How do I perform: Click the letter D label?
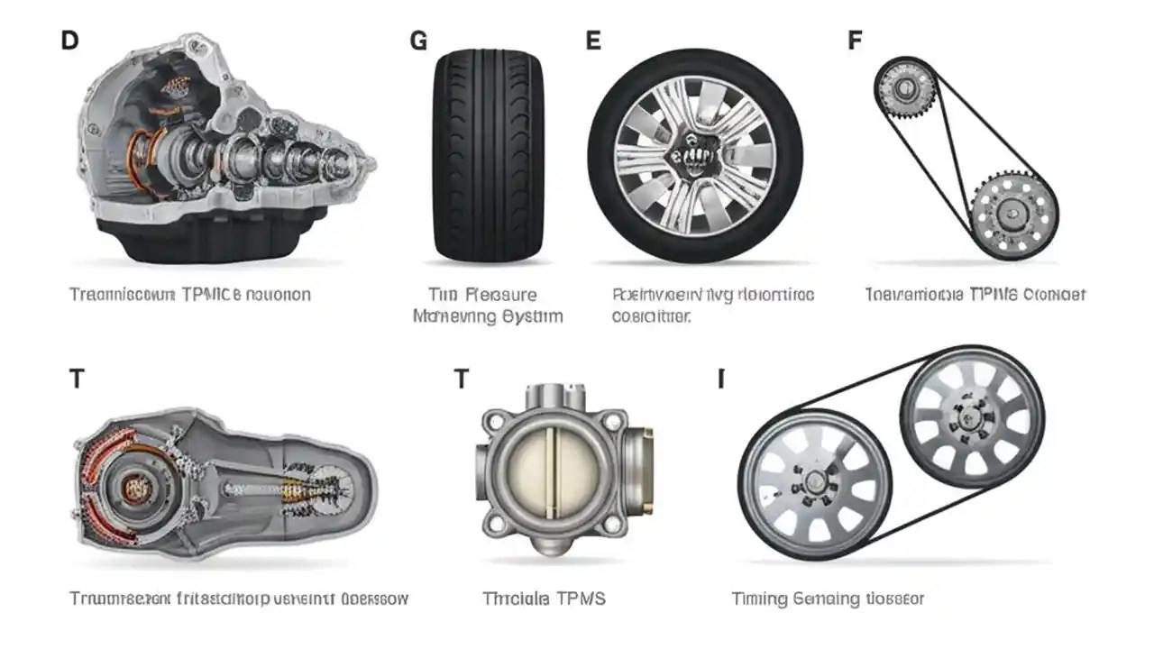pyautogui.click(x=69, y=41)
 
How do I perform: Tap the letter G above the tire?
pyautogui.click(x=418, y=41)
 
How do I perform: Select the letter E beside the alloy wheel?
pyautogui.click(x=593, y=41)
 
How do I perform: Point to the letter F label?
pyautogui.click(x=855, y=41)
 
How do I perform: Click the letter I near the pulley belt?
pyautogui.click(x=720, y=379)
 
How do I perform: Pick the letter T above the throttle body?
pyautogui.click(x=461, y=379)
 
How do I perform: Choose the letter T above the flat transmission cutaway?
pyautogui.click(x=77, y=379)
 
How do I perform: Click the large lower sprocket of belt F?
pyautogui.click(x=1014, y=215)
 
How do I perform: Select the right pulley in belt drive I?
pyautogui.click(x=972, y=416)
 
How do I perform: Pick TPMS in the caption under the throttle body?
pyautogui.click(x=580, y=599)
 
